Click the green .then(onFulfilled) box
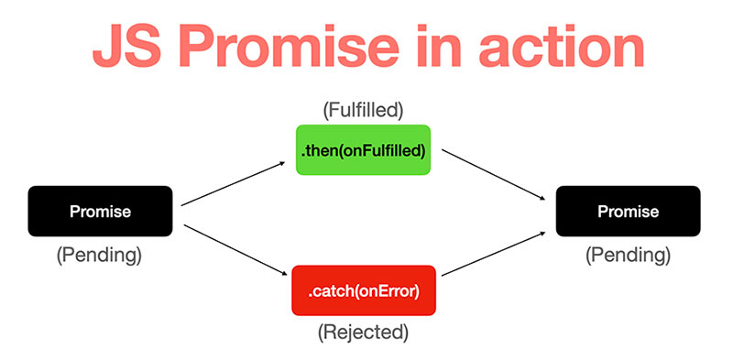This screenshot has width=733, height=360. (364, 149)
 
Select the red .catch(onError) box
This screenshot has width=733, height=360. (364, 292)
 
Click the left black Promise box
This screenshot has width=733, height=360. (101, 212)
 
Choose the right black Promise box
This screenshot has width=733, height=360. (628, 212)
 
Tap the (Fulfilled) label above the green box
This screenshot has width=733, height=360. (364, 111)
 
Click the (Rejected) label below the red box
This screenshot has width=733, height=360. (364, 333)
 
